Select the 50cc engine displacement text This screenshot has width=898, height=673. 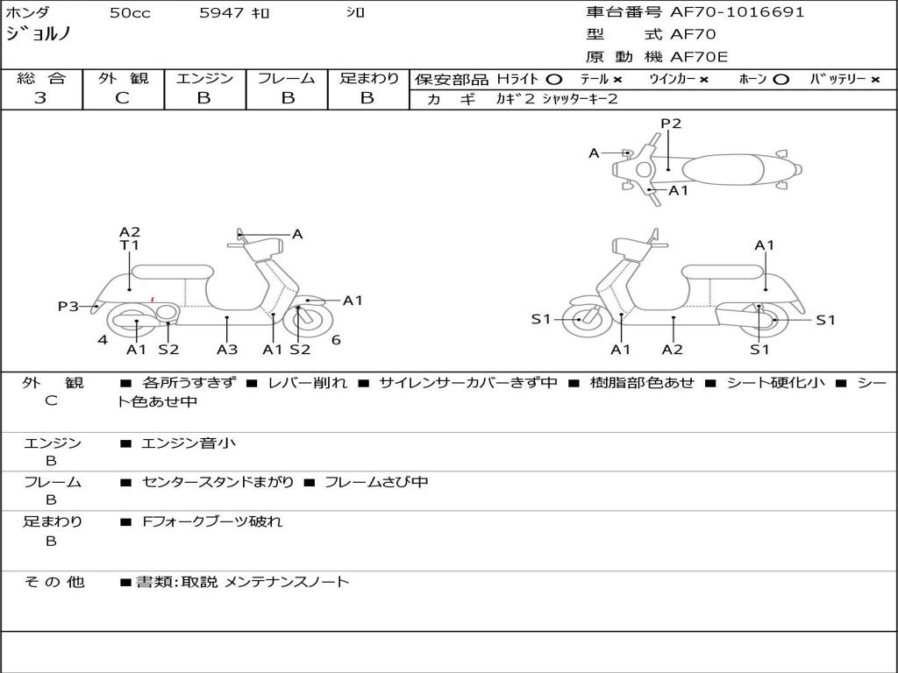(x=130, y=13)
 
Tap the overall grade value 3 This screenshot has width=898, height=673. (x=40, y=97)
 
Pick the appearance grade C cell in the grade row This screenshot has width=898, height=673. (x=123, y=97)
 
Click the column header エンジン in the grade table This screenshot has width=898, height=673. (x=204, y=78)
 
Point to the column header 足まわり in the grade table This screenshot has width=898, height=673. (x=369, y=78)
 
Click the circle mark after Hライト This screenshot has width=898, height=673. (x=553, y=79)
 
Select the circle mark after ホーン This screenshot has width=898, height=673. (x=780, y=79)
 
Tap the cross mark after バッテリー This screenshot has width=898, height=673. (x=874, y=79)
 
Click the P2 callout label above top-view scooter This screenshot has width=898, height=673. (x=671, y=124)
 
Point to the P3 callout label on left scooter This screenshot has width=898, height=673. (x=68, y=307)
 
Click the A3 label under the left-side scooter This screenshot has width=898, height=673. (x=227, y=350)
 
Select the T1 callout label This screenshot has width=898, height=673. (x=130, y=245)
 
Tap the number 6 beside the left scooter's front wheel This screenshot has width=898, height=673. (x=336, y=340)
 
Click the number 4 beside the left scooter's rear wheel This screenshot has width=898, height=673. (x=103, y=340)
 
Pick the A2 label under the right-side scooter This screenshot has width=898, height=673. (x=673, y=350)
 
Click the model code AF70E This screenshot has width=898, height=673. (x=699, y=57)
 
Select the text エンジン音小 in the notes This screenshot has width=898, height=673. (x=189, y=443)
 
